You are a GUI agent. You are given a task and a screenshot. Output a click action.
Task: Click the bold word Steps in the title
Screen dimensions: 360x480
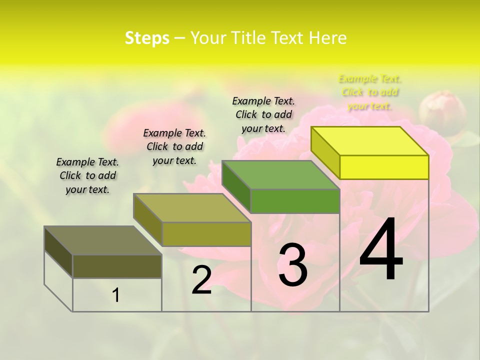point(147,38)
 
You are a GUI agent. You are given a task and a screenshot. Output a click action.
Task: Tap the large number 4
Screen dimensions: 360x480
point(381,250)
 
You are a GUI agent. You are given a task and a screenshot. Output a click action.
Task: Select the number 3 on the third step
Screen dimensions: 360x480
point(292,264)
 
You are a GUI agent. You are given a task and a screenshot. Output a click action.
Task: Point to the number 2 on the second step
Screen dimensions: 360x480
point(201,280)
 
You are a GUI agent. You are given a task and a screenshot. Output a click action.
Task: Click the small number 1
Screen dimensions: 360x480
point(116,295)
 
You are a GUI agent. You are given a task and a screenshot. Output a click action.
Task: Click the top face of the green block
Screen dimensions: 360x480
point(281,175)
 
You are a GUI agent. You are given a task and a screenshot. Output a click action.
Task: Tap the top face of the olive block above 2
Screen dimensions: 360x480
point(192,208)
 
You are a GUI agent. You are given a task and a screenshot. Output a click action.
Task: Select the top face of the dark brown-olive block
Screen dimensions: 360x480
point(103,240)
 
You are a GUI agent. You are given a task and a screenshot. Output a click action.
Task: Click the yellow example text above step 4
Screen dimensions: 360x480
point(370,92)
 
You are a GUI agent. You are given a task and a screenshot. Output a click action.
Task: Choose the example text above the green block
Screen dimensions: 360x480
point(263,114)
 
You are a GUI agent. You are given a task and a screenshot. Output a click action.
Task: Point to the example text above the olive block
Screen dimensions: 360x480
point(174,146)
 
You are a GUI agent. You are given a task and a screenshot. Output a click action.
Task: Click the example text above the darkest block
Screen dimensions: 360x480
point(87,175)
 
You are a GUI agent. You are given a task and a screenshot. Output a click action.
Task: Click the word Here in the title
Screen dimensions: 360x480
point(327,38)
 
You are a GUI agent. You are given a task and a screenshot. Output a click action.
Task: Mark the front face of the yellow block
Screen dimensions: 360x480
point(384,167)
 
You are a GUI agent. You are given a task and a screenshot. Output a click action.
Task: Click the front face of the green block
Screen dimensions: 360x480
point(295,201)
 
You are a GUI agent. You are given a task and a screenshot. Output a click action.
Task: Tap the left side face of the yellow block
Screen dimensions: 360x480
point(325,152)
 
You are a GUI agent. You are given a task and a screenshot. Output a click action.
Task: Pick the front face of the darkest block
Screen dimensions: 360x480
point(117,266)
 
